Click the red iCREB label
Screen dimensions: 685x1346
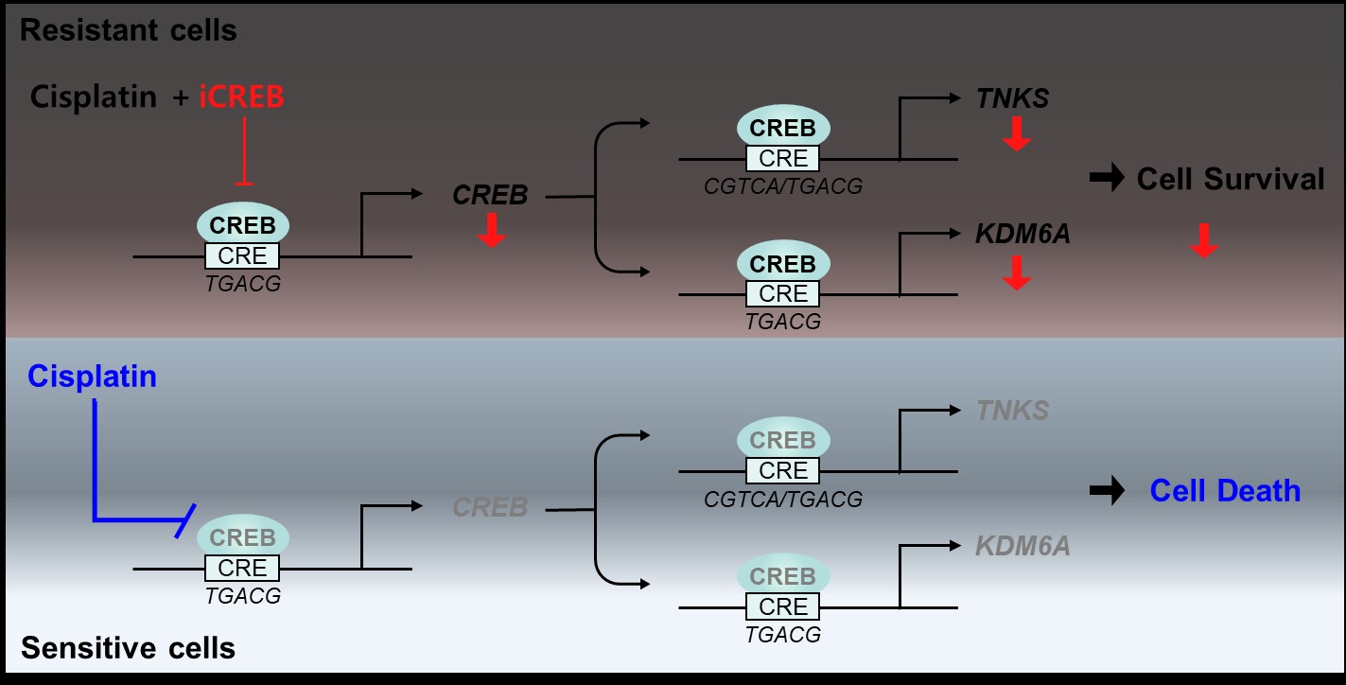(x=241, y=97)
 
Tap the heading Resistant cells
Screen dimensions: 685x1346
(x=129, y=30)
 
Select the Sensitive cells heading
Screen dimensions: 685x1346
(x=128, y=648)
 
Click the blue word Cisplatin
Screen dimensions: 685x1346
(x=92, y=377)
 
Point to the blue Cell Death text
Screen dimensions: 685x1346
(x=1225, y=490)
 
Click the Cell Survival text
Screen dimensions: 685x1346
(x=1231, y=179)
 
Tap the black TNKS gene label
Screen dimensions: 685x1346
(x=1013, y=98)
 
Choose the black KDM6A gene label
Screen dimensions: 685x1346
(x=1023, y=234)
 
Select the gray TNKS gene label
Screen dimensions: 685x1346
(x=1013, y=411)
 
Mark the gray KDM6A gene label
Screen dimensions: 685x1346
(x=1023, y=546)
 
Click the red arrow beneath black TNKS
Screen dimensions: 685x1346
(x=1016, y=135)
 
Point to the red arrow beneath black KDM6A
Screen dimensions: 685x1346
(x=1016, y=272)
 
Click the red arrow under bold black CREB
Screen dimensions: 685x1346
(x=491, y=230)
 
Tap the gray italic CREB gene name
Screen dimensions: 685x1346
(x=490, y=507)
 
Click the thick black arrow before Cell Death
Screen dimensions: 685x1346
(x=1107, y=490)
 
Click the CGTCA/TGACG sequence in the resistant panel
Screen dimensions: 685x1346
(x=783, y=186)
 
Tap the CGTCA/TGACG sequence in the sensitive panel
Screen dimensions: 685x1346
(x=783, y=499)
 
